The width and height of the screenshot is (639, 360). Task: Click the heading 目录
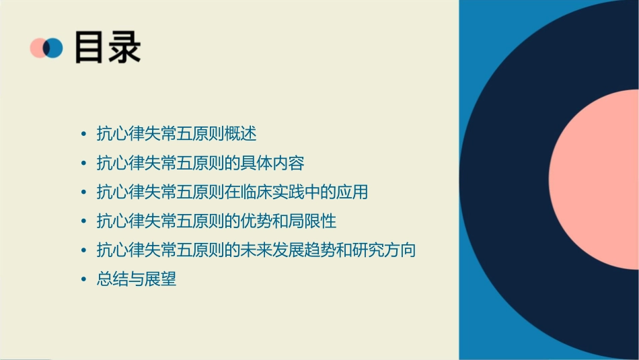[108, 46]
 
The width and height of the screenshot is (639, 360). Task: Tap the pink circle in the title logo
[38, 48]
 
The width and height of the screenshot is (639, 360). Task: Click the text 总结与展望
[137, 279]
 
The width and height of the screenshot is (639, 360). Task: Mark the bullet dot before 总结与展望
[83, 279]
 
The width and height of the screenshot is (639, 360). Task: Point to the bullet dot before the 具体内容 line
[83, 163]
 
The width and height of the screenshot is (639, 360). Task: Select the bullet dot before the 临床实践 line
[83, 192]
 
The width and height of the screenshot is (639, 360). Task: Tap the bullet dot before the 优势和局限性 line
[83, 221]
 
